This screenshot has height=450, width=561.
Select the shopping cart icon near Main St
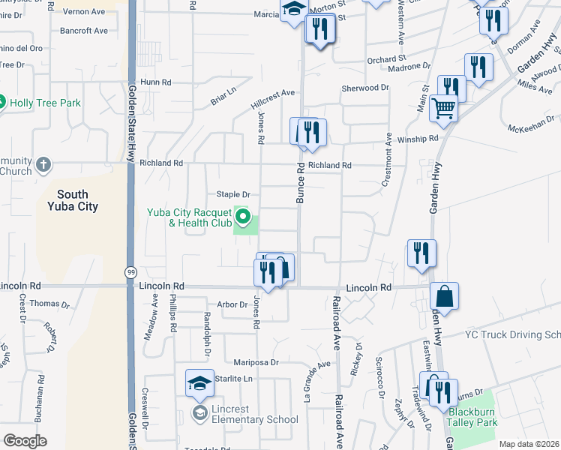tap(443, 109)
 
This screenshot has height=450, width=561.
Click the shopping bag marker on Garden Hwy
tap(445, 295)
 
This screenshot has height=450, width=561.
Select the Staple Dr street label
tap(232, 195)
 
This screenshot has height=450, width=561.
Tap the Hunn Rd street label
tap(155, 82)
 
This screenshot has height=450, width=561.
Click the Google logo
tap(25, 441)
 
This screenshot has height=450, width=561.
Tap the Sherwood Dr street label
tap(365, 88)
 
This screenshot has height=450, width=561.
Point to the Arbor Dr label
tap(232, 304)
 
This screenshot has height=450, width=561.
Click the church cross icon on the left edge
tap(43, 164)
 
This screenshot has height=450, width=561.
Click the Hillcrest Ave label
tap(272, 94)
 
